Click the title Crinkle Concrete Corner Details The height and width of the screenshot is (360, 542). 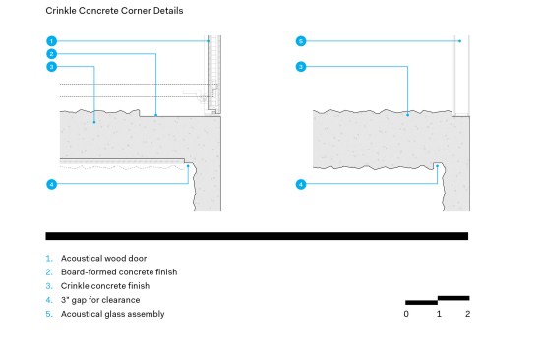tap(114, 11)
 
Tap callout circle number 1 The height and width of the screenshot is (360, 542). tap(51, 41)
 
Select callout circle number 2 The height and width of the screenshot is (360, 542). tap(51, 54)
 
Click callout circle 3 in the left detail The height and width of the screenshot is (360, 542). tap(51, 67)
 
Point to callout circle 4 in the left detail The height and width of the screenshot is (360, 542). tap(51, 184)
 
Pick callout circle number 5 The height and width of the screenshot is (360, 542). tap(301, 41)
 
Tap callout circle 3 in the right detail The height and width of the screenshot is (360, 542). tap(301, 67)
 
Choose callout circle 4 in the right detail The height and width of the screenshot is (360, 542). tap(301, 184)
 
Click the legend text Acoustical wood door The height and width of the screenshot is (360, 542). tap(103, 258)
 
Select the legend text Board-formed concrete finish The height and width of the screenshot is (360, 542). tap(119, 271)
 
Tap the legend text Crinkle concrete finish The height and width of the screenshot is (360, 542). tap(105, 286)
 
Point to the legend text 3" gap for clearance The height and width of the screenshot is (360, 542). tap(100, 300)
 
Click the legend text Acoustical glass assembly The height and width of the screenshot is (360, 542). tap(113, 314)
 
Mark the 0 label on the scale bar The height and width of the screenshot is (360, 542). tap(406, 314)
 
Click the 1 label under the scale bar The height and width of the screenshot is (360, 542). tap(439, 314)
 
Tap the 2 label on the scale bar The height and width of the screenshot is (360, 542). tap(467, 314)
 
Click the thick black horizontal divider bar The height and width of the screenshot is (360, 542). tap(257, 236)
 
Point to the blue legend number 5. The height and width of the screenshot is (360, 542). tap(49, 314)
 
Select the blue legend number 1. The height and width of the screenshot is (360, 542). tap(49, 258)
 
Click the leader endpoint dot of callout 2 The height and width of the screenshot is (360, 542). tap(155, 115)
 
